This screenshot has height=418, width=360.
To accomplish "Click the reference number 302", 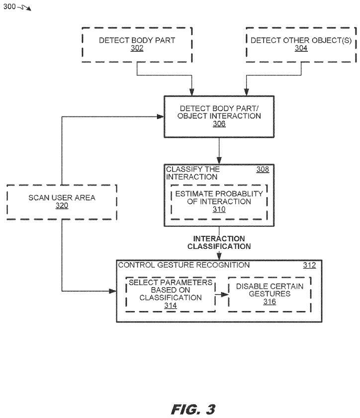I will [x=137, y=49].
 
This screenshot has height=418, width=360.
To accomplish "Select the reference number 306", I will [x=219, y=124].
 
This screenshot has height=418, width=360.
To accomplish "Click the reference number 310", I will [x=219, y=209].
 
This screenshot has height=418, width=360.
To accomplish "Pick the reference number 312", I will [x=309, y=265].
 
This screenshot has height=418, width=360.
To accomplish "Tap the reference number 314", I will [x=171, y=306].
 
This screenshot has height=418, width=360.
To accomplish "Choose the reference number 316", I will [x=269, y=302].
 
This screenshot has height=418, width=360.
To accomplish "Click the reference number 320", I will [x=62, y=206].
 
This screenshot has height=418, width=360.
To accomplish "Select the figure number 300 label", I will [x=9, y=6].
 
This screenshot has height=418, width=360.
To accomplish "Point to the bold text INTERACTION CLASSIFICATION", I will [x=219, y=242].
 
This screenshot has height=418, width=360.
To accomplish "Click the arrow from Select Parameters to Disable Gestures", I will [x=222, y=294].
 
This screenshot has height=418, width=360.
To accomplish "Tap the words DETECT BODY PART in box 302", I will [x=137, y=41].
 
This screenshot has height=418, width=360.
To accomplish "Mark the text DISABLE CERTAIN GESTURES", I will [x=269, y=290].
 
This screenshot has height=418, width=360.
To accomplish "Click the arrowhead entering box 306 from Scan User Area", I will [x=161, y=116].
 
